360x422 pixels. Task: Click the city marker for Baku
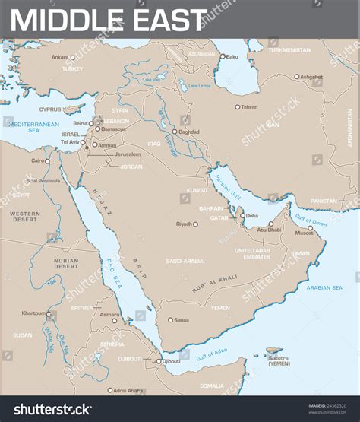[x=223, y=56]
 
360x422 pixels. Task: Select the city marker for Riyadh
[x=195, y=224]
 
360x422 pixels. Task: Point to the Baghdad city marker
[x=174, y=132]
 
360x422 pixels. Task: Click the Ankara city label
[x=59, y=57]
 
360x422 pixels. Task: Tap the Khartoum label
[x=33, y=313]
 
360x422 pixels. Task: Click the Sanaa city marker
[x=170, y=320]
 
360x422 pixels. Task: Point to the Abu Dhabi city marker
[x=271, y=224]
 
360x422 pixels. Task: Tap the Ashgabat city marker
[x=297, y=76]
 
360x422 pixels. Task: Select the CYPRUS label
[x=52, y=107]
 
